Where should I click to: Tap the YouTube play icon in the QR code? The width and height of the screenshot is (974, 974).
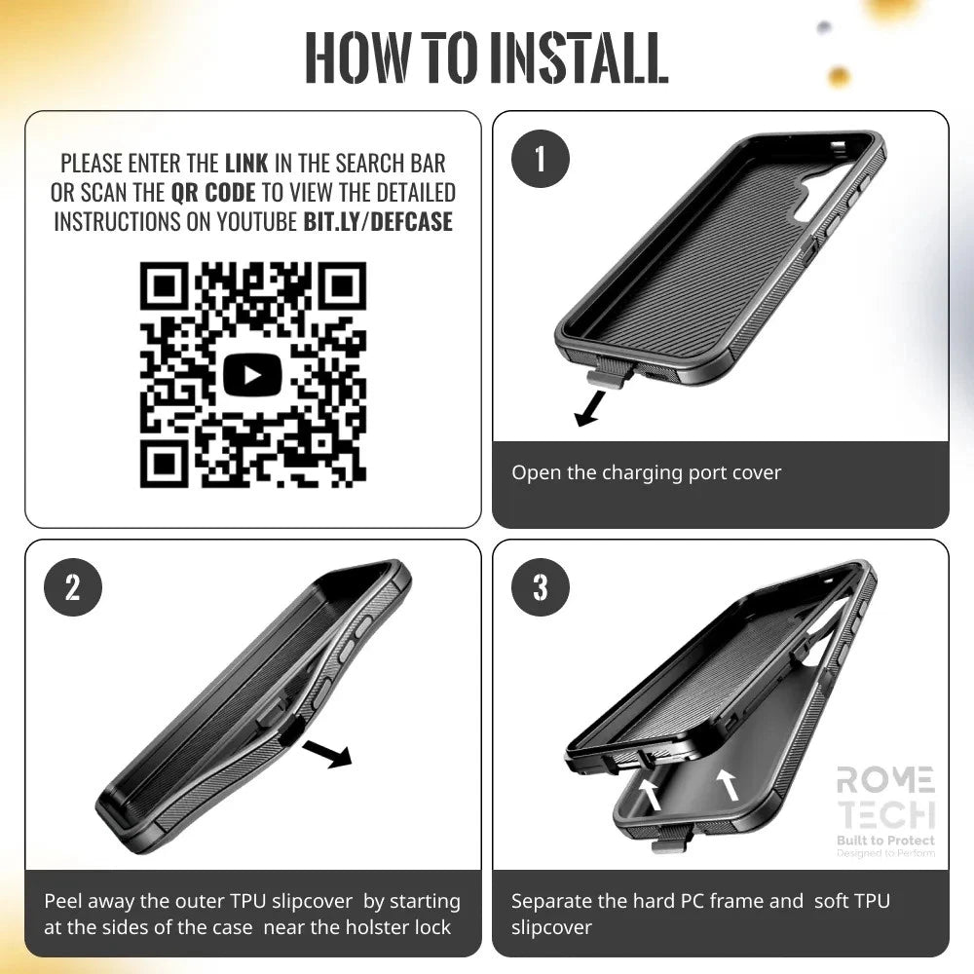tap(252, 375)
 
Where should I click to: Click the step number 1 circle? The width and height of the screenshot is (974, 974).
tap(541, 159)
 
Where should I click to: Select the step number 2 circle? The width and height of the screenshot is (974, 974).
tap(73, 587)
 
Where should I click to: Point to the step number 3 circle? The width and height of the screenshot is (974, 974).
tap(541, 587)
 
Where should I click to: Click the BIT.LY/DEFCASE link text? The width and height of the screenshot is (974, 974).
tap(378, 221)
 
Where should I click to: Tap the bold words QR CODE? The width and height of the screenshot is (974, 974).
tap(213, 192)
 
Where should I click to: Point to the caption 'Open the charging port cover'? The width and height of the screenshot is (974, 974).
tap(646, 473)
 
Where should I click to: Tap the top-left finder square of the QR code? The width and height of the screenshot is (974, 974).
tap(164, 287)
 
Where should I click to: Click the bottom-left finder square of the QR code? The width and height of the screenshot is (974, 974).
tap(164, 463)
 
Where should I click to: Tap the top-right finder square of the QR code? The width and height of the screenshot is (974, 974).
tap(341, 287)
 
